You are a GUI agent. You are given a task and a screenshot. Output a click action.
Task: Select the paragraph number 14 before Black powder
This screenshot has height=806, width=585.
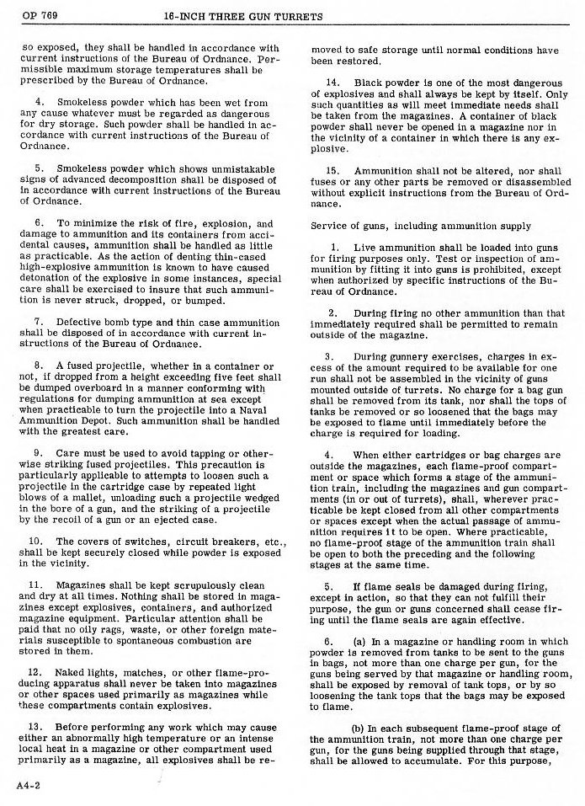[x=332, y=83]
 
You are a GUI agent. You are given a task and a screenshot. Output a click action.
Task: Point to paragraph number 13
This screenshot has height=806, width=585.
[x=35, y=727]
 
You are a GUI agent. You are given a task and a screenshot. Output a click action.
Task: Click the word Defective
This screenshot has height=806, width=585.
[x=83, y=323]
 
